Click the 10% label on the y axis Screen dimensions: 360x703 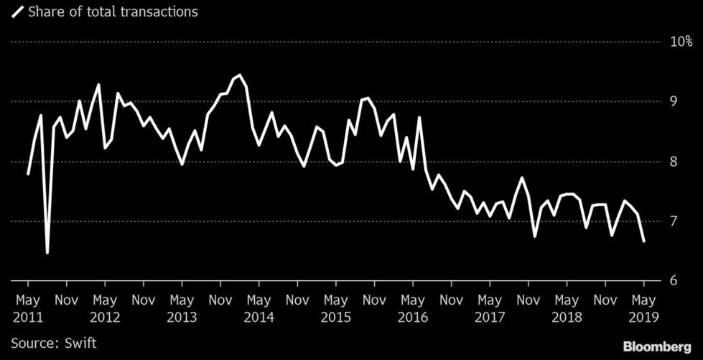pos(681,42)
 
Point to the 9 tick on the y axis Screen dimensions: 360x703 pos(674,101)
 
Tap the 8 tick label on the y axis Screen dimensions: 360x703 pos(674,162)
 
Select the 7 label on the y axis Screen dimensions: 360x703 pos(674,221)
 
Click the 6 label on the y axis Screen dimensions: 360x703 pos(674,281)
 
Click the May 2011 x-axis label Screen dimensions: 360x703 pos(27,307)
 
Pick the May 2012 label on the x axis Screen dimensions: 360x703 pos(105,307)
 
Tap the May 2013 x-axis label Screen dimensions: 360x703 pos(182,307)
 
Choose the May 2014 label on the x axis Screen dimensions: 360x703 pos(259,307)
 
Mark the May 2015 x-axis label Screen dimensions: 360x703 pos(335,307)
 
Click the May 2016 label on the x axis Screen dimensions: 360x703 pos(413,307)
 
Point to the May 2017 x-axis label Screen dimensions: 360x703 pos(490,307)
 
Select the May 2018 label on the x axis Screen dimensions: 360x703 pos(567,307)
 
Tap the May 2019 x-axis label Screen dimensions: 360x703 pos(643,307)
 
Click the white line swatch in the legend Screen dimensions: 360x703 pos(14,11)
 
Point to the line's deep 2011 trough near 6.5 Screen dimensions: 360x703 pos(47,252)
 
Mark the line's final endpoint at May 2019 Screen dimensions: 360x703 pos(644,241)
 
